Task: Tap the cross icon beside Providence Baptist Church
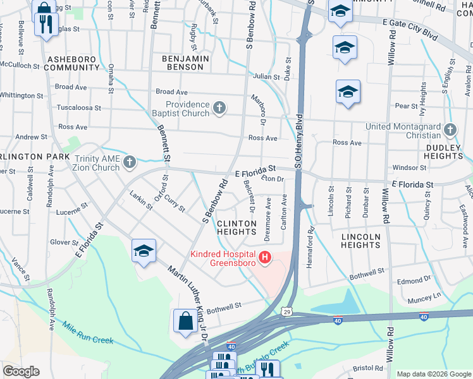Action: pos(219,109)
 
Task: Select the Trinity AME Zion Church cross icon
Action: pos(130,162)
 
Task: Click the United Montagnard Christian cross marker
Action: pos(450,130)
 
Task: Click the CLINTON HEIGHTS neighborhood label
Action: pos(237,228)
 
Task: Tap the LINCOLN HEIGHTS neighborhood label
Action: pos(360,241)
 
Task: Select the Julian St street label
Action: pos(266,77)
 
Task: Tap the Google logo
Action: pos(21,371)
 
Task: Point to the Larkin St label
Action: pos(141,200)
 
